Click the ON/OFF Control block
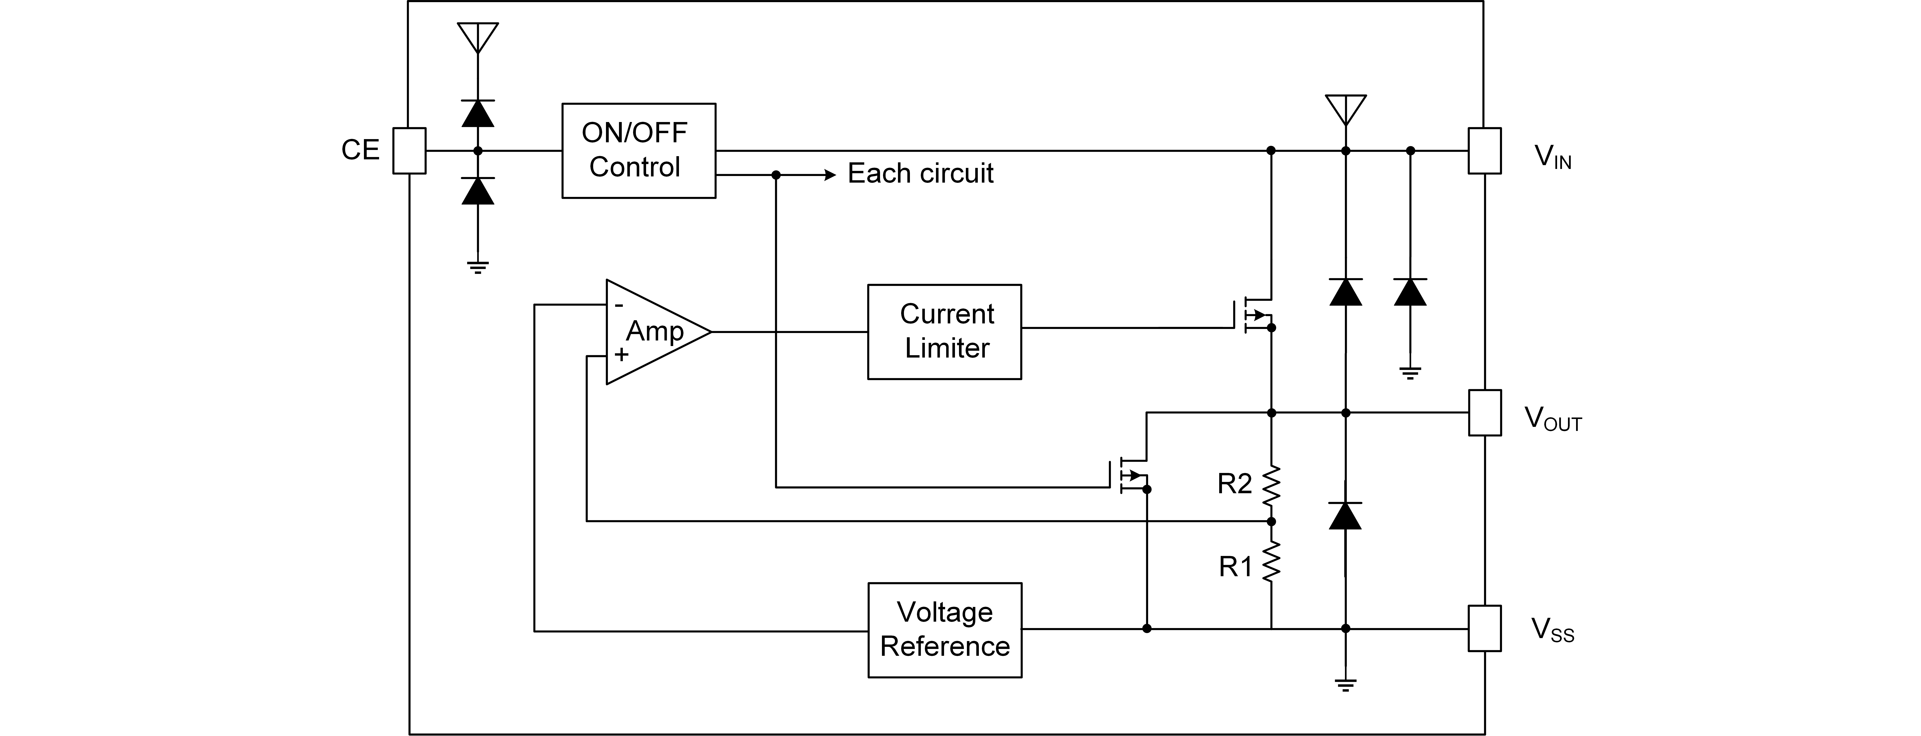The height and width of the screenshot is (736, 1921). click(638, 151)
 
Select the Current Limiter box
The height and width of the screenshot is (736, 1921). click(944, 332)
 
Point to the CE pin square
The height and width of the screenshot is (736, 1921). click(409, 151)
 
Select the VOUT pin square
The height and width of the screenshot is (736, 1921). click(1485, 412)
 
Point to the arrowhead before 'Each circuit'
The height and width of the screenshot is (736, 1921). click(830, 175)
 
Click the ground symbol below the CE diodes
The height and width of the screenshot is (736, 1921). click(478, 268)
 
